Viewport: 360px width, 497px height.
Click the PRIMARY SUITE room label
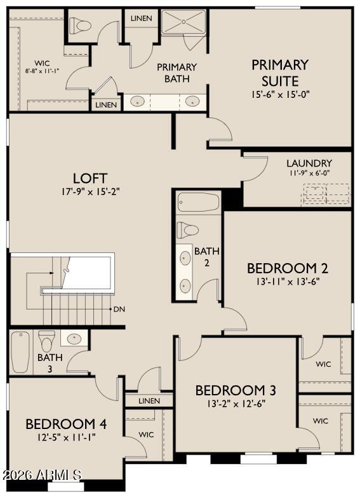pyautogui.click(x=280, y=73)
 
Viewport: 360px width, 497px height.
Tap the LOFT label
pyautogui.click(x=90, y=179)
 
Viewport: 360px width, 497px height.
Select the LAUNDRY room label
pyautogui.click(x=309, y=163)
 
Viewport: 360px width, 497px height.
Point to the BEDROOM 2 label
pyautogui.click(x=287, y=268)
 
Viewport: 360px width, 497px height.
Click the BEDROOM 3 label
pyautogui.click(x=236, y=390)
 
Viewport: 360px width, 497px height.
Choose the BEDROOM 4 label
pyautogui.click(x=66, y=424)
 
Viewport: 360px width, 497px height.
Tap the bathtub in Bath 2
pyautogui.click(x=198, y=202)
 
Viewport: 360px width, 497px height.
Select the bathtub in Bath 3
pyautogui.click(x=21, y=352)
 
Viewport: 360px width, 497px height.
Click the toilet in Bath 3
pyautogui.click(x=46, y=341)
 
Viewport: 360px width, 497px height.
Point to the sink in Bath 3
pyautogui.click(x=74, y=338)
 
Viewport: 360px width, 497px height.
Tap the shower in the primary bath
pyautogui.click(x=183, y=22)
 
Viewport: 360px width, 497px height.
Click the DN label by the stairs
pyautogui.click(x=119, y=309)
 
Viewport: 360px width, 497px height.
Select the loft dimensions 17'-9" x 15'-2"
pyautogui.click(x=90, y=191)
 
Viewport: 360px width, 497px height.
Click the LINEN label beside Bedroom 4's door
pyautogui.click(x=149, y=401)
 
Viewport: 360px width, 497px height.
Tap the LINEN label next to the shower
pyautogui.click(x=141, y=18)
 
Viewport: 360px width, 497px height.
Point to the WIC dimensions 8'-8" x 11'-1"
pyautogui.click(x=43, y=71)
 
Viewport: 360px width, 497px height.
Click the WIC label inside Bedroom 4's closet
pyautogui.click(x=146, y=434)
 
